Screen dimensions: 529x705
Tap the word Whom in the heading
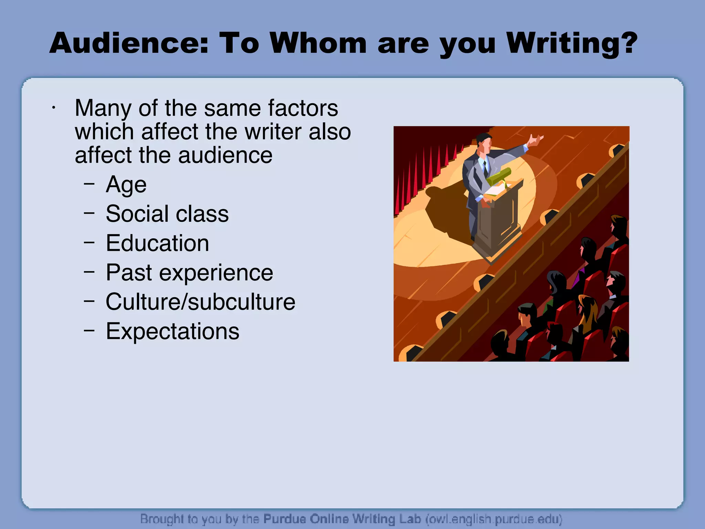click(318, 43)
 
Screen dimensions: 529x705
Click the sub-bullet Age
click(126, 185)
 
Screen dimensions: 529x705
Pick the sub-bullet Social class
click(167, 214)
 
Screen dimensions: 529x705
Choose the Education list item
click(157, 243)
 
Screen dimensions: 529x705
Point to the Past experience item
click(189, 273)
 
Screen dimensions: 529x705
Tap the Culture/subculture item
click(200, 302)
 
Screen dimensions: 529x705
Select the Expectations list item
click(172, 331)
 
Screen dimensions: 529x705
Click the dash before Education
click(89, 242)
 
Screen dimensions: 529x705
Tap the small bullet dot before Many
click(53, 108)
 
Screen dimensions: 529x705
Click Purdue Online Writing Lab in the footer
click(342, 519)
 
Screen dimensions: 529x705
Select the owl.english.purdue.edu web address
click(494, 519)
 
